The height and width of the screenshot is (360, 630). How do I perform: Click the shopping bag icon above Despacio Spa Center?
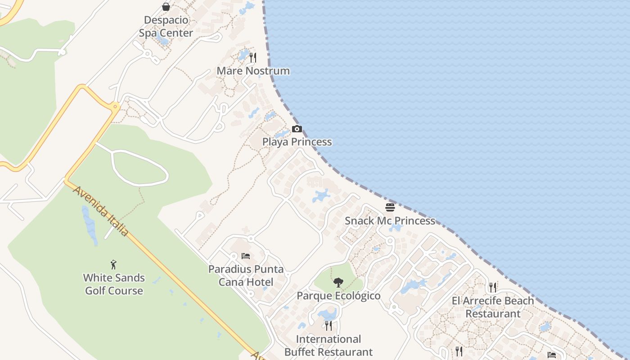[x=166, y=7]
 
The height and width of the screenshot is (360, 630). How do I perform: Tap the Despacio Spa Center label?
[x=166, y=27]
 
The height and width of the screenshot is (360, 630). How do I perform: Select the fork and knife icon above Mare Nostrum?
[x=253, y=58]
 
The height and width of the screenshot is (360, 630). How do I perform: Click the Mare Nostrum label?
[x=253, y=71]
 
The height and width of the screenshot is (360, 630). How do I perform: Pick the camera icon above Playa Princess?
[x=297, y=129]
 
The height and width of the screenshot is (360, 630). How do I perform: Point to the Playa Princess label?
[x=297, y=142]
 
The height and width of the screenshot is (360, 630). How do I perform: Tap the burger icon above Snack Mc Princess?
[x=390, y=207]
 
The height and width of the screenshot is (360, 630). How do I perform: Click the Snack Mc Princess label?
[x=390, y=221]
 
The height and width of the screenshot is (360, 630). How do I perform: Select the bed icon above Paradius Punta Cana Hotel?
[x=246, y=256]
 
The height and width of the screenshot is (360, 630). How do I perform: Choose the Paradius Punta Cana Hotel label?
[x=246, y=276]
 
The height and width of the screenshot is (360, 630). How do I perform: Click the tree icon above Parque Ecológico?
[x=338, y=283]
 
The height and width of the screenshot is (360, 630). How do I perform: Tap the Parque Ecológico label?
[x=338, y=296]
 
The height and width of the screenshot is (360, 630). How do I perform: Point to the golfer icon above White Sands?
[x=114, y=264]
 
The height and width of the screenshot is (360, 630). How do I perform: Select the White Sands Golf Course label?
[x=114, y=284]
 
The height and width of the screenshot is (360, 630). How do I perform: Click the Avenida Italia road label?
[x=101, y=211]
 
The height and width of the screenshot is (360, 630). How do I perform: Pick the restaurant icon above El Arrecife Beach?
[x=493, y=287]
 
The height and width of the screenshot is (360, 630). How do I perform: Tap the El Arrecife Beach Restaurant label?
[x=493, y=307]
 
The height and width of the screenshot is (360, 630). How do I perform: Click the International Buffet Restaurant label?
[x=329, y=346]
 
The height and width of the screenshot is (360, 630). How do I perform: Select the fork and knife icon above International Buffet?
[x=329, y=325]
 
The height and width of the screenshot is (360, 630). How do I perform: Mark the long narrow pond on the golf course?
[x=89, y=225]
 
